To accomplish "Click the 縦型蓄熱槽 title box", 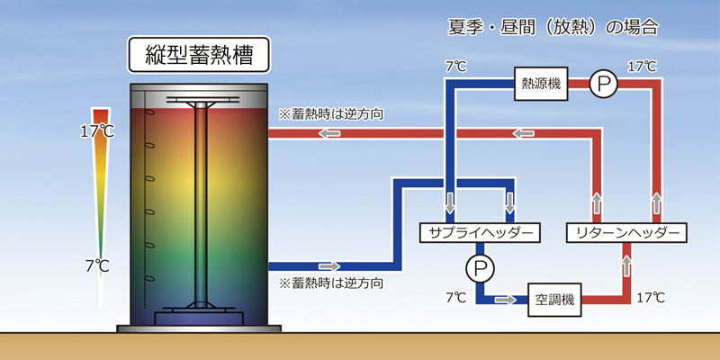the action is (x=199, y=55).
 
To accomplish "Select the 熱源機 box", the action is (x=541, y=84).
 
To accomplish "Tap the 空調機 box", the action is (x=554, y=300).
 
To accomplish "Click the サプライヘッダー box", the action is (x=480, y=233).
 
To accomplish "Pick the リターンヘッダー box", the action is (x=626, y=233).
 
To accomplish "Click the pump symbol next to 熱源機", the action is (x=603, y=84).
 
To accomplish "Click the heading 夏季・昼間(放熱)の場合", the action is (x=553, y=28).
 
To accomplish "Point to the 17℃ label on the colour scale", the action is (x=97, y=131).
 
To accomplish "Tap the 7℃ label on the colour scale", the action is (x=97, y=265).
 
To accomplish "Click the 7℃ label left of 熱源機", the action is (x=456, y=67).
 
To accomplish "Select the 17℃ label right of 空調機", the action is (x=651, y=298).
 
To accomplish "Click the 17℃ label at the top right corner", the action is (x=642, y=67).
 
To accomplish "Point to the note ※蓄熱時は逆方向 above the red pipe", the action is (x=330, y=114).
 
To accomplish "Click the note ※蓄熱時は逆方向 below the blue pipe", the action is (x=330, y=283).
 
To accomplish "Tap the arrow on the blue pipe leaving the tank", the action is (x=329, y=266).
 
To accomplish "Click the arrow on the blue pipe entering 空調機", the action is (x=505, y=300).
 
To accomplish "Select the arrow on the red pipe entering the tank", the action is (x=330, y=133).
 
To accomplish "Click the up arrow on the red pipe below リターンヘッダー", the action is (x=627, y=265).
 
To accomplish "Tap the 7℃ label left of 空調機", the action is (x=456, y=298).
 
